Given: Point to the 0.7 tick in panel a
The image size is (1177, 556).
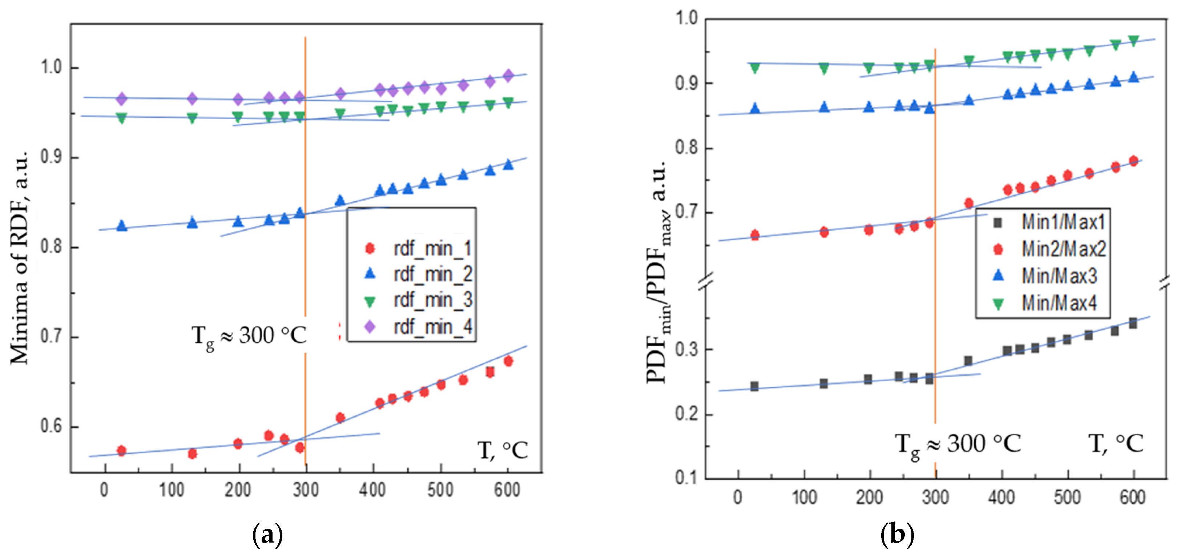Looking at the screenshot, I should [51, 337].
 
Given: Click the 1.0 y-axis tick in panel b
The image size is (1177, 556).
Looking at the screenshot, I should [686, 18].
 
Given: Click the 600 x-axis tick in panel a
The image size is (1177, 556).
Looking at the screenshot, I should [507, 490].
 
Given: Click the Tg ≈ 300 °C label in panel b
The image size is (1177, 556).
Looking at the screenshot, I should [957, 444].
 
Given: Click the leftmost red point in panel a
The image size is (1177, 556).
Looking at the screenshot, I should [121, 451].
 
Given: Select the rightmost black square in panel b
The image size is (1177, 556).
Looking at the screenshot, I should [1133, 323].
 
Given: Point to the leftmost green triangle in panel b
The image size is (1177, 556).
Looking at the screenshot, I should [755, 68].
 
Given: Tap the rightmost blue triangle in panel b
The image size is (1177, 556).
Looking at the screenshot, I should [1133, 77].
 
